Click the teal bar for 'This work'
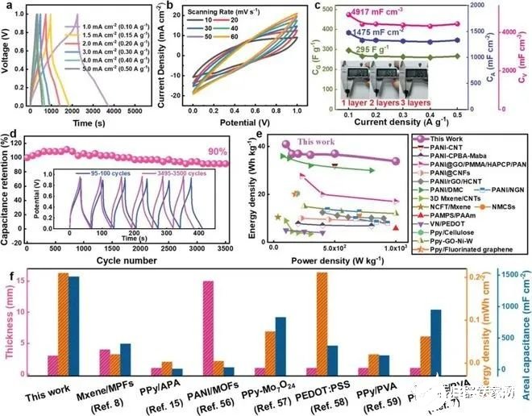point(73,333)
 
